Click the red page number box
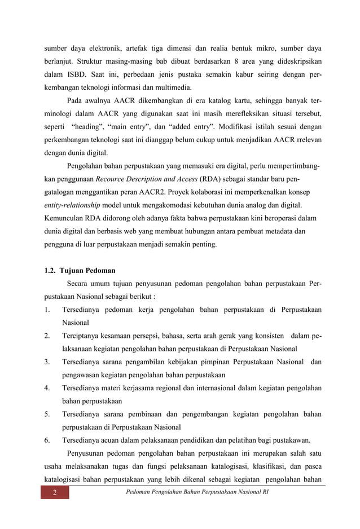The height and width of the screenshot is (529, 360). tap(55, 494)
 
